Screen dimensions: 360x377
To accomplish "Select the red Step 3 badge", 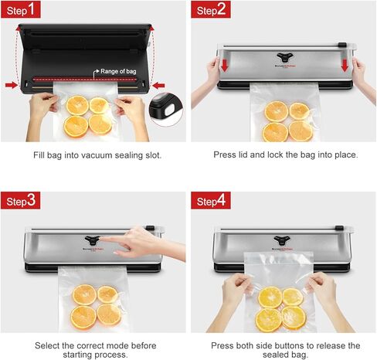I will (20, 202).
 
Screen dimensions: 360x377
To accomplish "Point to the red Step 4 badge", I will (212, 202).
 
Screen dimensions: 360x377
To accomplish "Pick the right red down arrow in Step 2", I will (345, 66).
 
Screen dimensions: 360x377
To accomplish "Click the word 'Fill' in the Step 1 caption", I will (39, 155).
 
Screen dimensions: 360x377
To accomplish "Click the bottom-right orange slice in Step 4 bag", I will (294, 317).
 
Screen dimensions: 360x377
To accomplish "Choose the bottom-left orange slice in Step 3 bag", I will (83, 316).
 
